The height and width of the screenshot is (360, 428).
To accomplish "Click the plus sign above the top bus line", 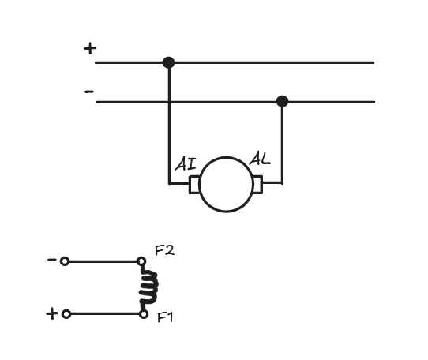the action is pos(90,49).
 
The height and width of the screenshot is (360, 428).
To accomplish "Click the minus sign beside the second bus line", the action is pos(89,92).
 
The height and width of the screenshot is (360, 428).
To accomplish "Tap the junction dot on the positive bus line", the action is pos(168,62).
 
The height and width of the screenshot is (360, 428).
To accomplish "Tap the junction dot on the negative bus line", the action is pos(282,101).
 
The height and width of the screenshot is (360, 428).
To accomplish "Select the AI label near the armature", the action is pos(186,163).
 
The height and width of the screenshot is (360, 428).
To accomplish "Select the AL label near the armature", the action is pos(260,159).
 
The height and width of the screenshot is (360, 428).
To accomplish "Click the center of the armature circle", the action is pos(226,185).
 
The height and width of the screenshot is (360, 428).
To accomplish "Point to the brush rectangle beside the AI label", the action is pos(194,185).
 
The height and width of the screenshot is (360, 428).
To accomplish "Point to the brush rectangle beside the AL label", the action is pos(257,185).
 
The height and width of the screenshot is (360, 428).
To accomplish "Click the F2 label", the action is pos(164,250).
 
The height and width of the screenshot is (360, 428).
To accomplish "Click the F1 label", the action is pos(165,317).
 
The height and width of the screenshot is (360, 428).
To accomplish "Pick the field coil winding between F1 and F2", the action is pos(148,287).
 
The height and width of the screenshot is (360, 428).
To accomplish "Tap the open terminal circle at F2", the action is pos(141,261).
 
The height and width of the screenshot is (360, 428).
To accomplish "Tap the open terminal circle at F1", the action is pos(144,314).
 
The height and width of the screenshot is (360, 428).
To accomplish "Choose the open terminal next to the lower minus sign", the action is pos(65,261).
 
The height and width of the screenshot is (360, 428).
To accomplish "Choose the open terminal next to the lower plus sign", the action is pos(66,314).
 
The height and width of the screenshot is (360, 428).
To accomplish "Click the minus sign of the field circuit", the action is pos(51,260).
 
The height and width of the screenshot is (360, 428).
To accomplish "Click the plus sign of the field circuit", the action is pos(52,314).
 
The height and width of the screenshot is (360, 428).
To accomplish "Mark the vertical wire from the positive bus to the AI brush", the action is pos(169,123).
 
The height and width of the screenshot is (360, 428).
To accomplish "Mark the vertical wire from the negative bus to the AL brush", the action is pos(282,142).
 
